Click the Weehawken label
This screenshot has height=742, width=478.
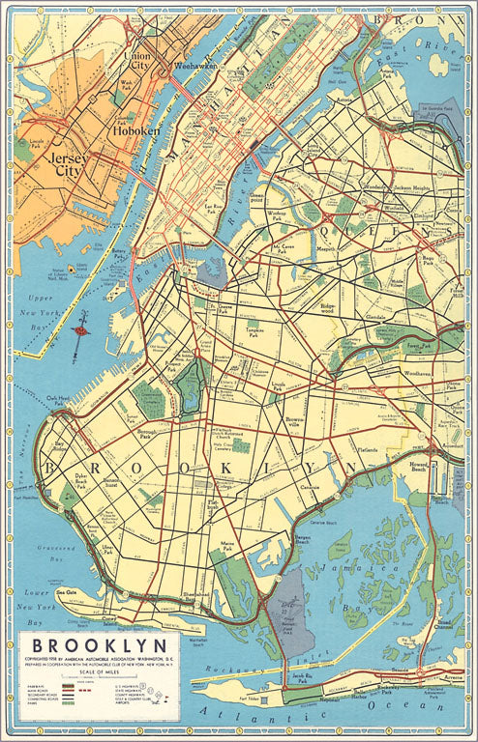click(192, 68)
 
